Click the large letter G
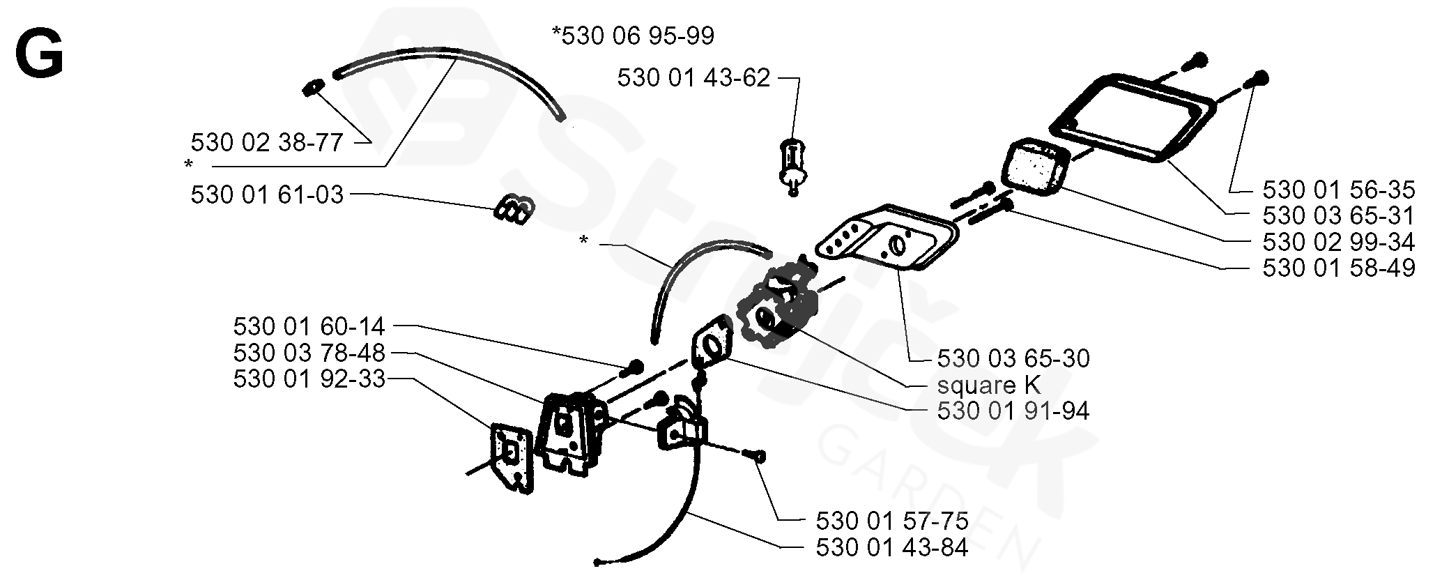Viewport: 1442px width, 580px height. [x=40, y=55]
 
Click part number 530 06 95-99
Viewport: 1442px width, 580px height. [x=633, y=36]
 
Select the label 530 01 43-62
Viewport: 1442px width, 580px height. [x=693, y=78]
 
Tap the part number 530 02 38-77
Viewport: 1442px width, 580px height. [x=267, y=143]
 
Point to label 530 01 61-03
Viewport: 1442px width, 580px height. [x=267, y=195]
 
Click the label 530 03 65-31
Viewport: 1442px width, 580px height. [x=1338, y=215]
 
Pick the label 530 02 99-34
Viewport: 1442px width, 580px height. [x=1338, y=242]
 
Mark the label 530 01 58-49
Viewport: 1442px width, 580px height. [x=1338, y=268]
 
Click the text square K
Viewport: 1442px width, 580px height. [x=988, y=385]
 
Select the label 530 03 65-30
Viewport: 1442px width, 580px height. [x=1013, y=358]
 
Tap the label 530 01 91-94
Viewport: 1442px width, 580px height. [x=1013, y=411]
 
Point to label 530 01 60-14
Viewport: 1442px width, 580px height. [x=309, y=326]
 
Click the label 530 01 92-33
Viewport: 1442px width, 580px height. [x=309, y=379]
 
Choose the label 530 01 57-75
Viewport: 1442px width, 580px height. [x=891, y=521]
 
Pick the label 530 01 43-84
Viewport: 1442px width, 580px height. [x=891, y=548]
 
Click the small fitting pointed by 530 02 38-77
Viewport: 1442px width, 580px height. [x=314, y=86]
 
